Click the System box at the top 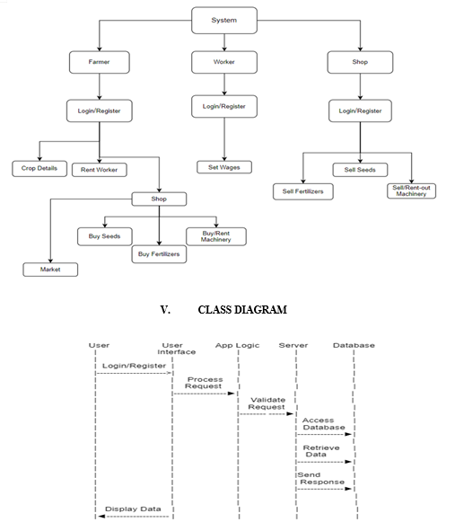[224, 21]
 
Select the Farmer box [100, 62]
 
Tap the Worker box [224, 62]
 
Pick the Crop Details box [39, 169]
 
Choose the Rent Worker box [100, 170]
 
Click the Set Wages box [224, 167]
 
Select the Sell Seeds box [360, 170]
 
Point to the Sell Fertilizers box [303, 191]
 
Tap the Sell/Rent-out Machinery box [412, 191]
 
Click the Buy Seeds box [105, 236]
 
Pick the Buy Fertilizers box [159, 254]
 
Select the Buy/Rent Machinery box [216, 236]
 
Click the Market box [50, 270]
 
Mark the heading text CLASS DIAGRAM [242, 310]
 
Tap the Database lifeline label [354, 345]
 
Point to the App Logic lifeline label [238, 345]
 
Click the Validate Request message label [267, 403]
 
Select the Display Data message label [133, 509]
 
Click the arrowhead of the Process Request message [232, 394]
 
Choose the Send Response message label [321, 479]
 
